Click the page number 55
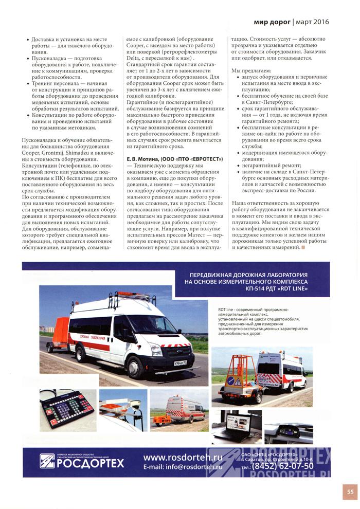[x=349, y=492]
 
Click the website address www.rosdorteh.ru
[x=179, y=457]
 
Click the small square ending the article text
[x=303, y=248]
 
